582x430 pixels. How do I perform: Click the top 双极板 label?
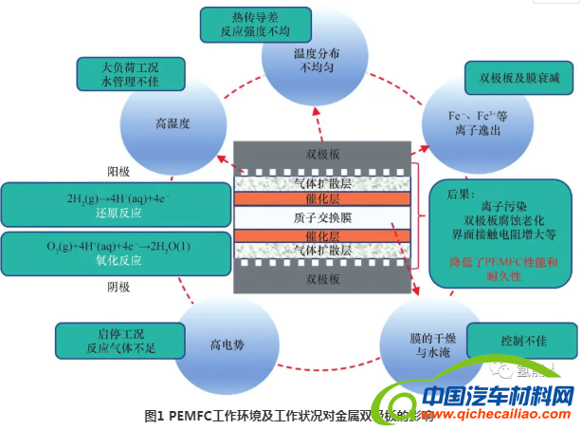(322, 154)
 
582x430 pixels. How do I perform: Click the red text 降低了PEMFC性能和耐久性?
(490, 268)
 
